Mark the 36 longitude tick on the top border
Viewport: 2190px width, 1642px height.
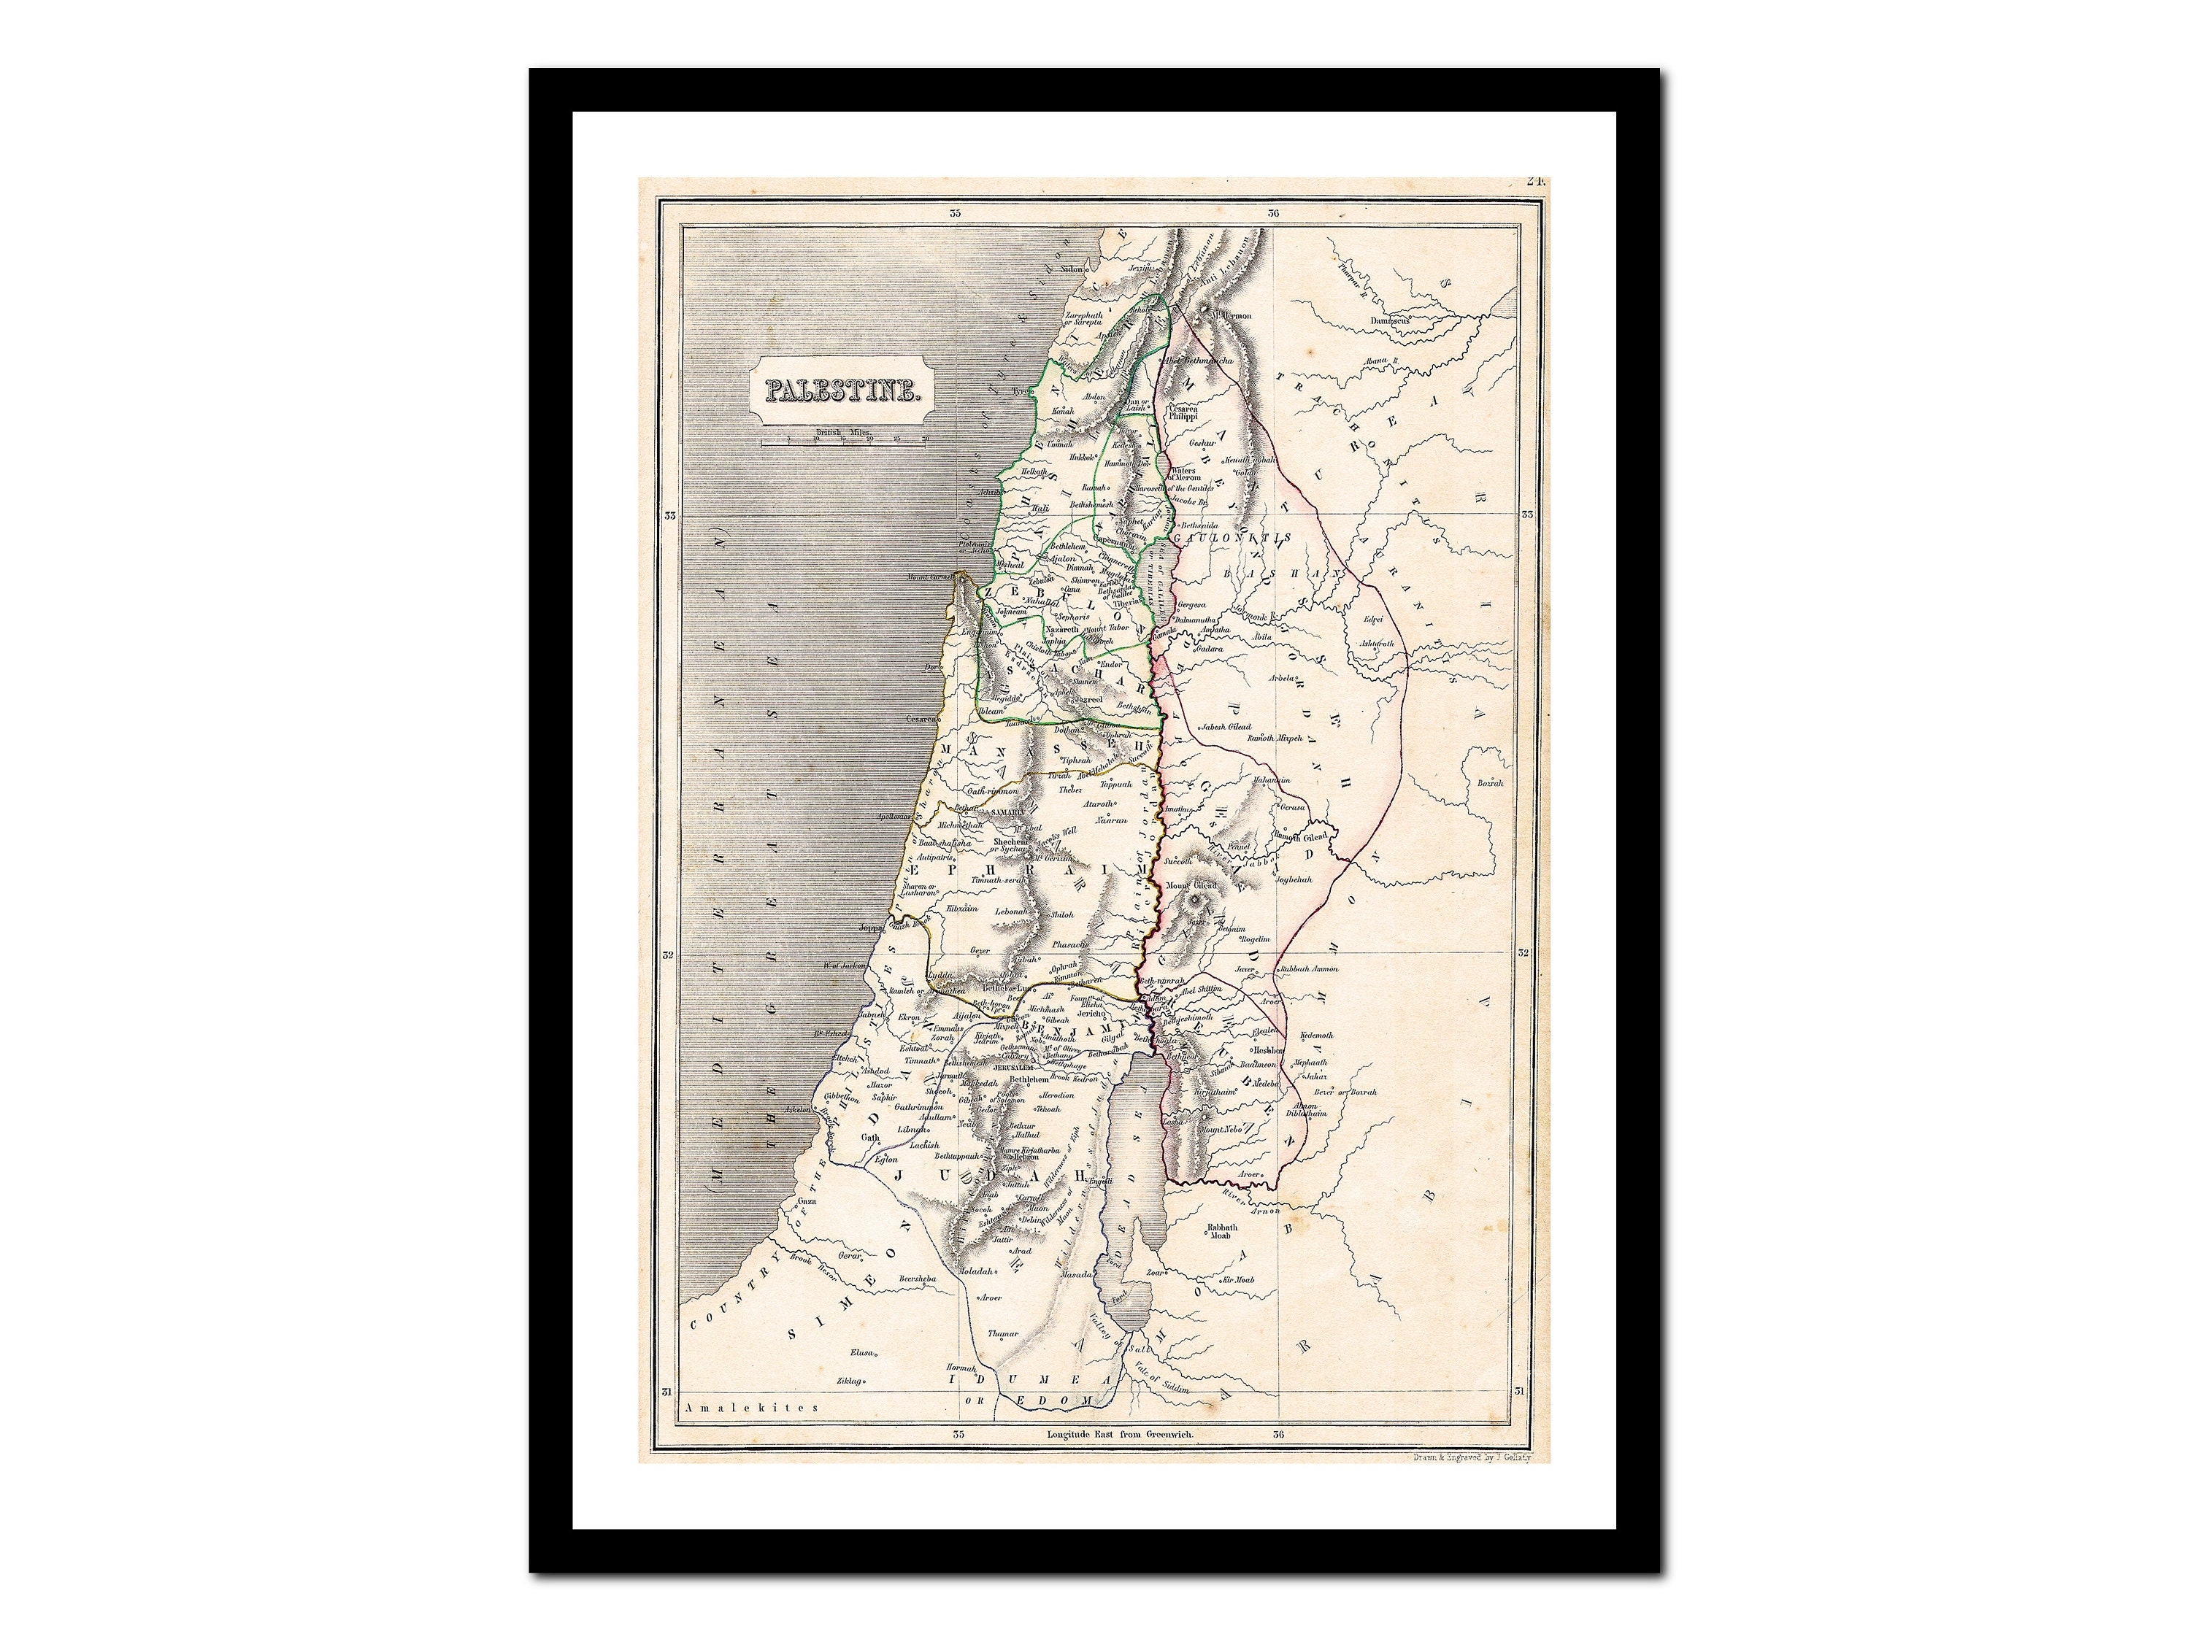pos(1274,213)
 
